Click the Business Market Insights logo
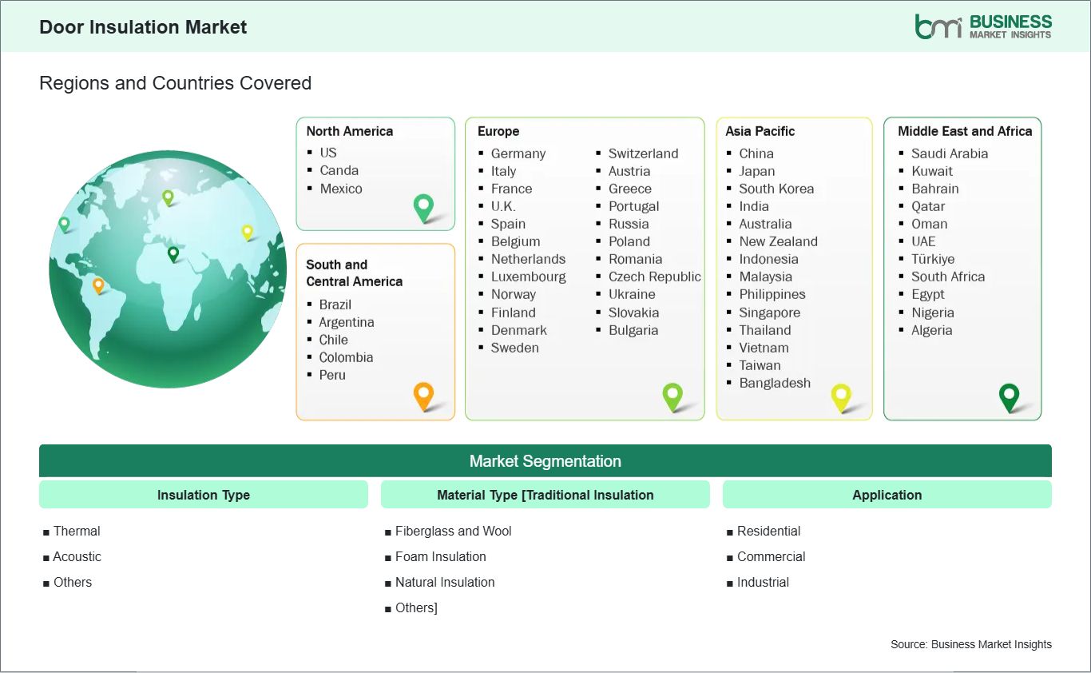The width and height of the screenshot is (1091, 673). pos(983,27)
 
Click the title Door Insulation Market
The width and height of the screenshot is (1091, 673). pos(143,27)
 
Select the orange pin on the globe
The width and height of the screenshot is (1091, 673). pos(98,285)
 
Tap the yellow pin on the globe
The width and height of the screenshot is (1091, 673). pos(248,233)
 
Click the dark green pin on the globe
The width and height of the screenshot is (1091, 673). pos(173,254)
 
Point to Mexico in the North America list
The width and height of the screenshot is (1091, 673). pos(341,189)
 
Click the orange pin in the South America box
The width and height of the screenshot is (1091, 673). pos(424,396)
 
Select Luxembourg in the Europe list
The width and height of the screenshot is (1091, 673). pos(529,277)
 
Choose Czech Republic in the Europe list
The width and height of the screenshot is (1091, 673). pos(655,277)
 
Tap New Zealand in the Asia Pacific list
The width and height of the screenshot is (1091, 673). pos(778,241)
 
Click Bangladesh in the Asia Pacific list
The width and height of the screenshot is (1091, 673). pos(775,383)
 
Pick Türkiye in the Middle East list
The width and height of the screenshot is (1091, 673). pos(933,259)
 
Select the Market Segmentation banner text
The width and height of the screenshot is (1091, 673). pos(545,461)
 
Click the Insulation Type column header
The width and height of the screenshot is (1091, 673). pos(204,495)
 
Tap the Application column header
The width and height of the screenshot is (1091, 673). pos(887,495)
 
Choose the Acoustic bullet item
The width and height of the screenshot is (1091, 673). pos(77,556)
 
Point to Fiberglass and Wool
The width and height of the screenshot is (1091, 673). pos(453,531)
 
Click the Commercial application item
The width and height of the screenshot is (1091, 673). pos(771,556)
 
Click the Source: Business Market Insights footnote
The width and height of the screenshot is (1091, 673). pos(971,644)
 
